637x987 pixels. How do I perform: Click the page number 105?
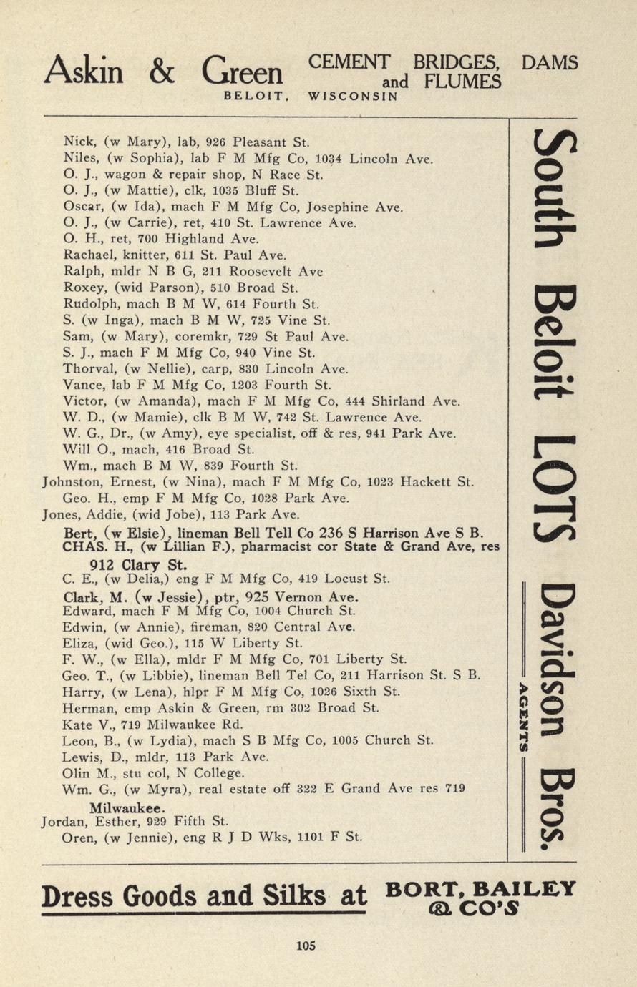coord(306,946)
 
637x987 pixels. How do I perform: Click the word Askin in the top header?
coord(84,72)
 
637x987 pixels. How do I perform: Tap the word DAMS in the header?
coord(549,63)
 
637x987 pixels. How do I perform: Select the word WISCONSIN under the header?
coord(353,96)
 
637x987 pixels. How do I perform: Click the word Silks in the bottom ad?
coord(281,895)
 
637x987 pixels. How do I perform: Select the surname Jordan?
coord(65,821)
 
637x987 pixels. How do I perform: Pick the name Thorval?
coord(86,369)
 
